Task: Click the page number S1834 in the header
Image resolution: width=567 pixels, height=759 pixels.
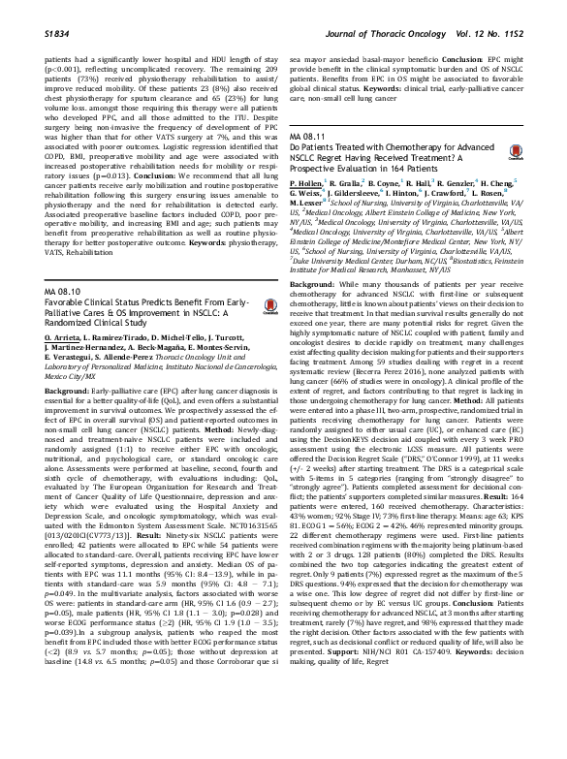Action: tap(61, 10)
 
